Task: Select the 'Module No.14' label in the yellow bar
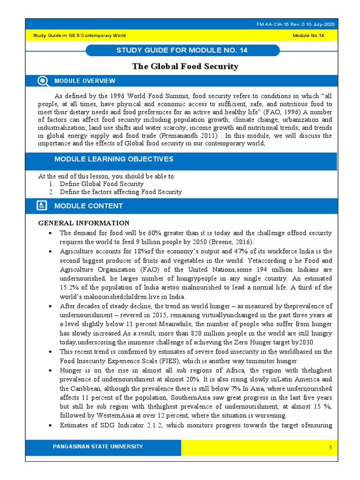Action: coord(308,36)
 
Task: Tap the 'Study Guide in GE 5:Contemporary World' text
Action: coord(79,36)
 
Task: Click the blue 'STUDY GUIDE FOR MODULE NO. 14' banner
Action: coord(182,50)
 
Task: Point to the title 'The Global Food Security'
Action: coord(185,66)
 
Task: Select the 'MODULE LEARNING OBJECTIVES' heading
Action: coord(113,159)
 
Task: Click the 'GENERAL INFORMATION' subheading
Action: coord(83,223)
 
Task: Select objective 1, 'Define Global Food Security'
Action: coord(101,184)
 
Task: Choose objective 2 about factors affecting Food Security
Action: coord(121,192)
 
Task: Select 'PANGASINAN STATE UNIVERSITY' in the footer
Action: coord(98,447)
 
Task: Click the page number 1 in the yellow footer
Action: coord(330,449)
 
